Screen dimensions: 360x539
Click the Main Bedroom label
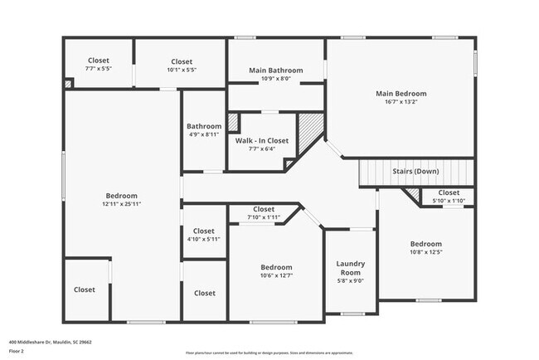click(401, 94)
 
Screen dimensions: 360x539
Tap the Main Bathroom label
click(276, 71)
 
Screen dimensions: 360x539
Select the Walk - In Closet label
click(261, 141)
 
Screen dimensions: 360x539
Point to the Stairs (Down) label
click(415, 172)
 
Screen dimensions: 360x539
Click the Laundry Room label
click(350, 268)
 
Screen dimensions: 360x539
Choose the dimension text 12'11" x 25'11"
click(123, 203)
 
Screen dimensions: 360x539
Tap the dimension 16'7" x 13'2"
click(401, 103)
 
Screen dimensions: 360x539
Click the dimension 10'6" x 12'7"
click(276, 275)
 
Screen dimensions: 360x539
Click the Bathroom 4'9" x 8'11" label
click(203, 130)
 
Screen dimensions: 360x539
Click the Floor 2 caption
click(17, 351)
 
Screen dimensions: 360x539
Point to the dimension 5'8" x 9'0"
click(350, 280)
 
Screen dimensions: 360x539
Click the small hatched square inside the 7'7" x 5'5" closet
click(68, 84)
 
